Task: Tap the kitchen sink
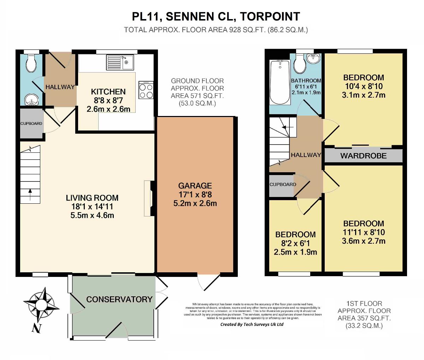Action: [119, 63]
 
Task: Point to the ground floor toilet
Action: [31, 63]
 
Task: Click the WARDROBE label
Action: [363, 156]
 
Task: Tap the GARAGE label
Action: [195, 186]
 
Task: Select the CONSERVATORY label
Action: [119, 299]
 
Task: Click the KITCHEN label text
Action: [108, 92]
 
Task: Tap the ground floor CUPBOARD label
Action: [31, 124]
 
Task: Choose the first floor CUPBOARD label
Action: [283, 185]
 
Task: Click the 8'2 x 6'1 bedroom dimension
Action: [295, 243]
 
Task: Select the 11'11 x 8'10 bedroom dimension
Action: [364, 232]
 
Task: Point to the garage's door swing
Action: [208, 282]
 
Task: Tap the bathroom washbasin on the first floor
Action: [312, 58]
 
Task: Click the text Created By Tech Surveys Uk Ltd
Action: [252, 324]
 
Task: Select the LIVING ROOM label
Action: [92, 198]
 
